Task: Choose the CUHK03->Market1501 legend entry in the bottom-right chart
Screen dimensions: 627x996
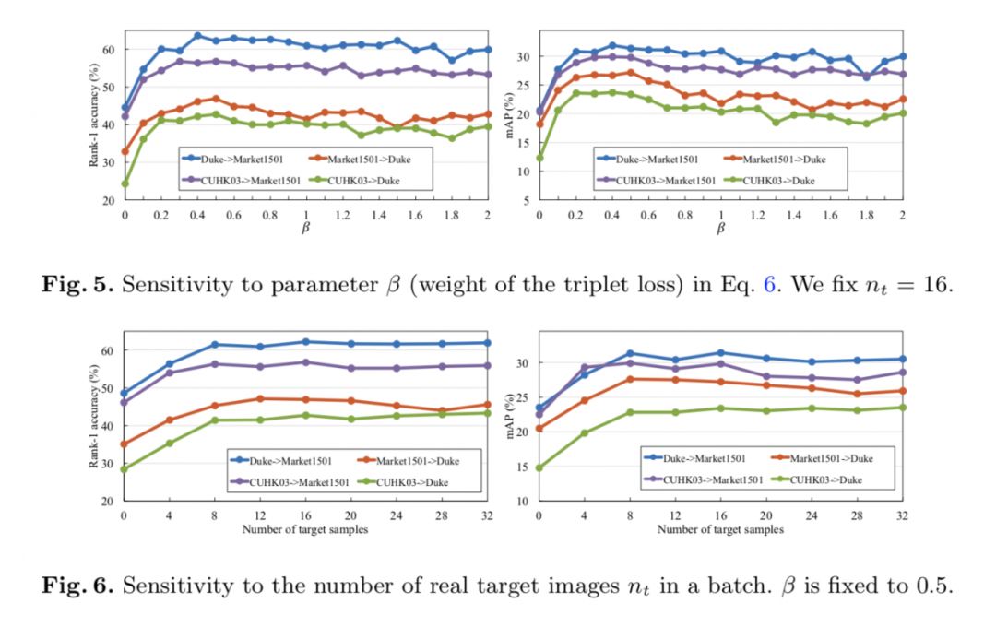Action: pos(711,479)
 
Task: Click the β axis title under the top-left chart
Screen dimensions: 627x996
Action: pos(305,229)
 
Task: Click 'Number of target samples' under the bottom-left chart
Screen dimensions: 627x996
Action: pos(304,529)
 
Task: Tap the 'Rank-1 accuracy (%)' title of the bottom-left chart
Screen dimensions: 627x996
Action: pos(93,417)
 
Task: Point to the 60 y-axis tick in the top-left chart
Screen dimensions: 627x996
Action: pos(109,49)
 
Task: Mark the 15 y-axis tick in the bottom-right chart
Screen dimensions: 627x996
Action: pos(523,467)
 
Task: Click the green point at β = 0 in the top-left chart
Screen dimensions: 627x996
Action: pos(125,183)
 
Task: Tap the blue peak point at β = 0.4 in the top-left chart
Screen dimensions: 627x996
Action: pos(197,36)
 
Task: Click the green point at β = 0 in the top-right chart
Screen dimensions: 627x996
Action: pos(539,158)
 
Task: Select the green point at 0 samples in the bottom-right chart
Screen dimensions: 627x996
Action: pos(539,467)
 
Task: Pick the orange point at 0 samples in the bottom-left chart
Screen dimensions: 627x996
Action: pos(124,444)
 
